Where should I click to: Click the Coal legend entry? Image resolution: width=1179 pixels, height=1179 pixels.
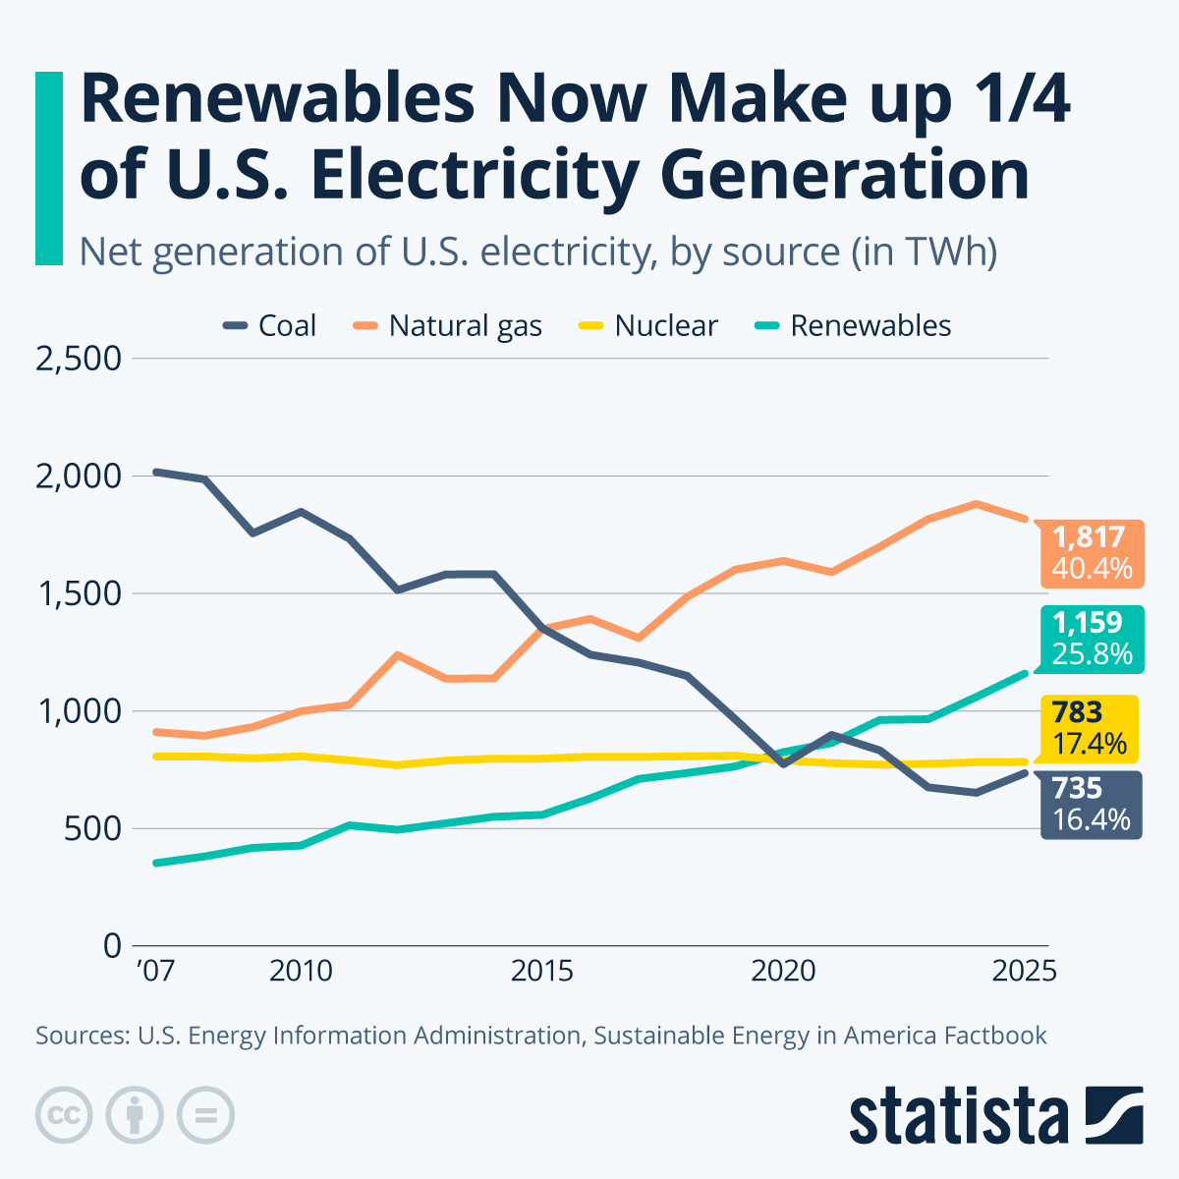(x=270, y=326)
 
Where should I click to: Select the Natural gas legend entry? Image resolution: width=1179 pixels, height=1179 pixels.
(x=448, y=326)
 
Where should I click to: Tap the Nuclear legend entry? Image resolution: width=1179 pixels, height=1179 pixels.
(x=648, y=326)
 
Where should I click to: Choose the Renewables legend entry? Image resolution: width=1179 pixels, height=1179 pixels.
(x=853, y=326)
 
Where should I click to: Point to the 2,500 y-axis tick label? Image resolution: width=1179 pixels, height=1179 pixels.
(x=79, y=359)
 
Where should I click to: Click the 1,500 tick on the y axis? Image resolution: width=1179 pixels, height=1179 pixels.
(x=79, y=593)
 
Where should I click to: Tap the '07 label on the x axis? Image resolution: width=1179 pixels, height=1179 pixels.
(x=155, y=972)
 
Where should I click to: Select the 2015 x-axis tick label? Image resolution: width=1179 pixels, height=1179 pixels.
(x=541, y=972)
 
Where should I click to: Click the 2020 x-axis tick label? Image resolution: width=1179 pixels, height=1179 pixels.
(x=783, y=972)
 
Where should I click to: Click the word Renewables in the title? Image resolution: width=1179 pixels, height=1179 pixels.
(x=265, y=100)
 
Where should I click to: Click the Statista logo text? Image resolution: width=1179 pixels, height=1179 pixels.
(x=958, y=1116)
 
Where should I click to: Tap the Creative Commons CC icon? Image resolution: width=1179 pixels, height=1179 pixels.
(x=64, y=1115)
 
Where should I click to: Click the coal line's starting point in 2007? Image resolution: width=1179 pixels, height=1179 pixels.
(x=156, y=473)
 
